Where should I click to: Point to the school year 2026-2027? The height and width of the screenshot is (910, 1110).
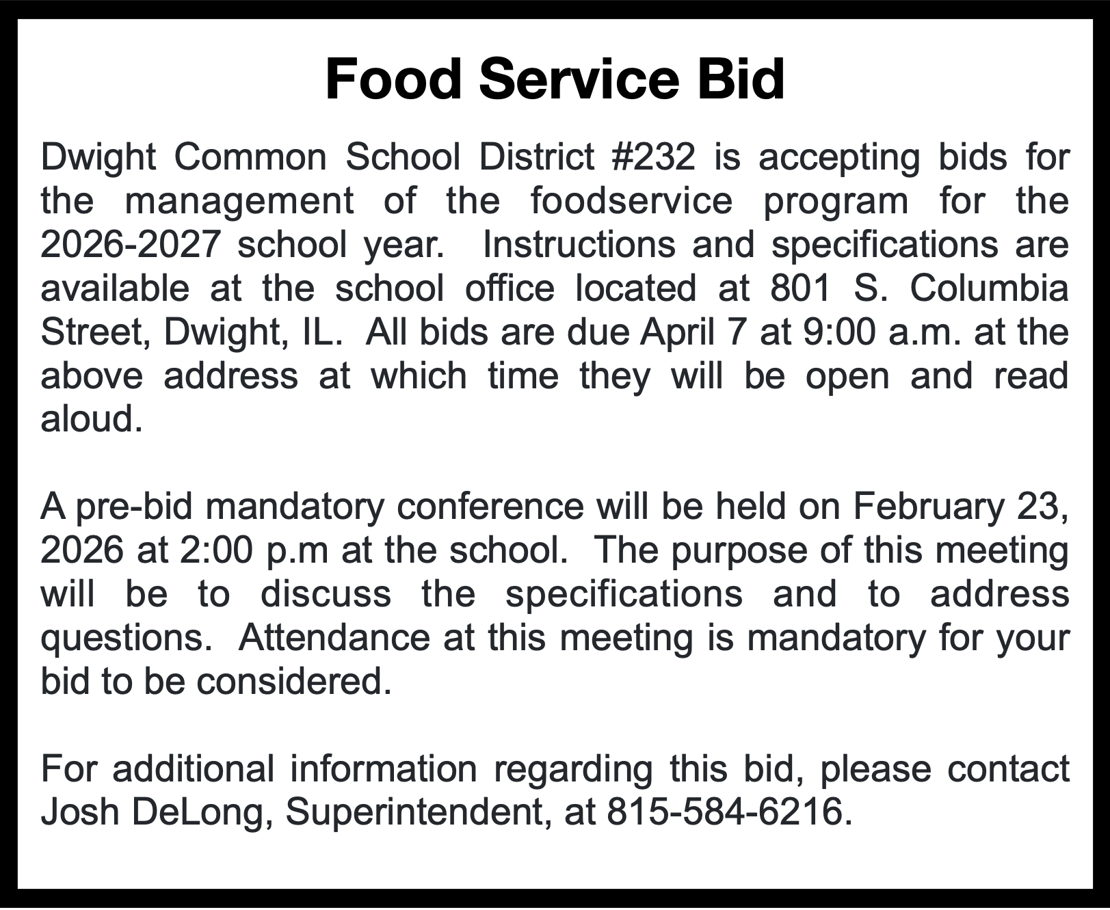pos(130,245)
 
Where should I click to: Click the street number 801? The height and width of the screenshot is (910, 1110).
pos(801,289)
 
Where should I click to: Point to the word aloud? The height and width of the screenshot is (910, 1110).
pos(92,419)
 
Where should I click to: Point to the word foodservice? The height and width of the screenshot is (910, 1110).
pos(631,201)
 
